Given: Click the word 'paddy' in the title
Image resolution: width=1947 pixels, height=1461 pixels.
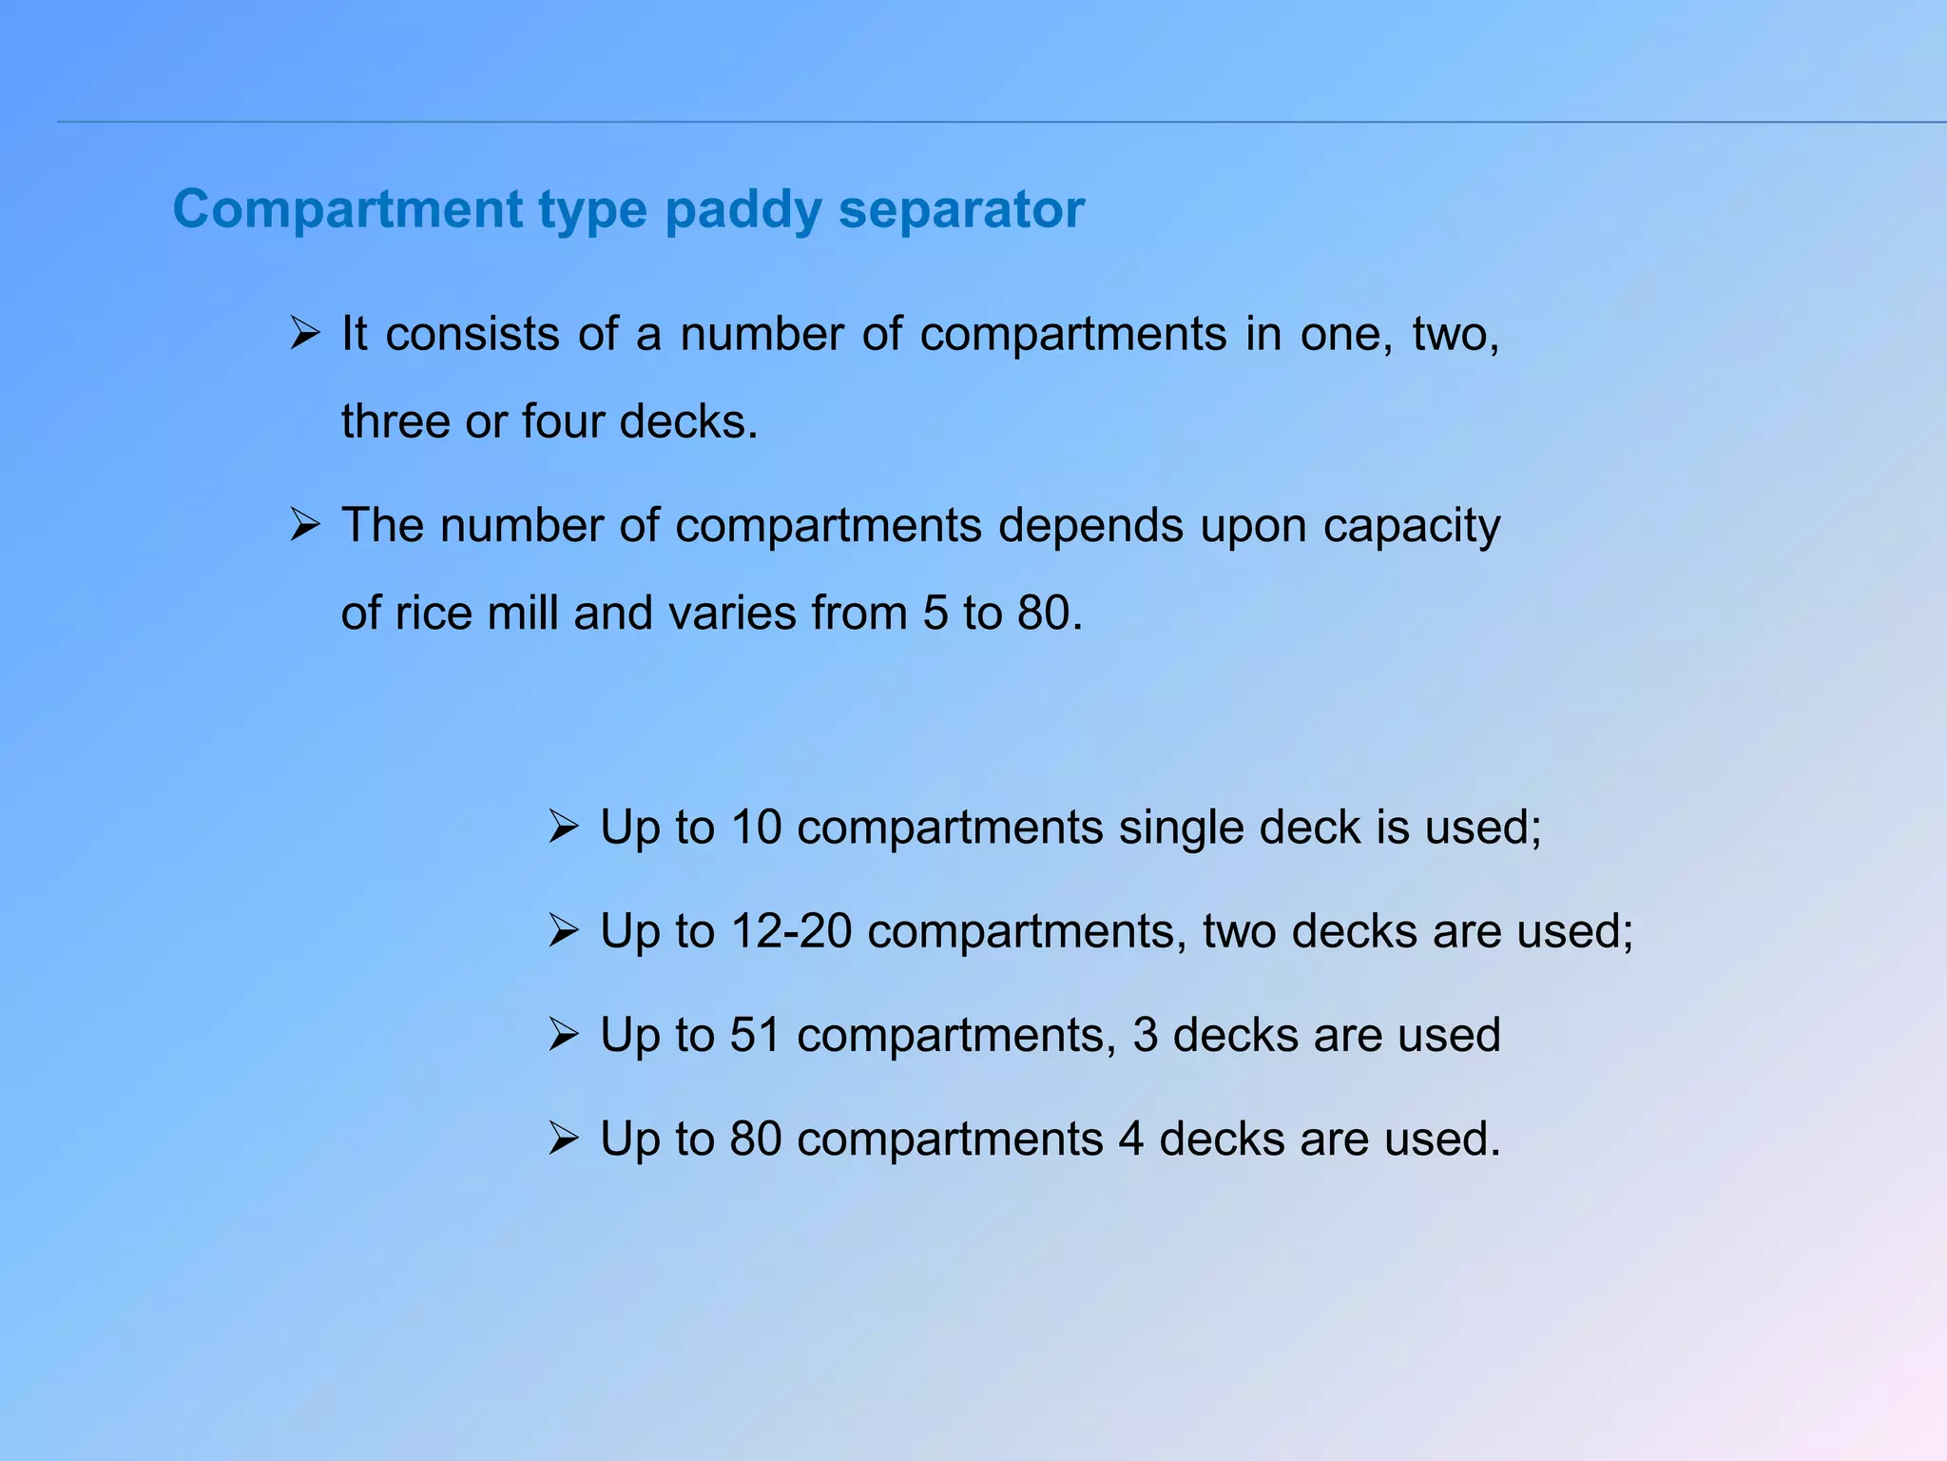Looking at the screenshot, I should click(x=742, y=210).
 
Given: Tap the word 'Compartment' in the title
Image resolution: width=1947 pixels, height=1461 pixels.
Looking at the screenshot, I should click(x=347, y=210).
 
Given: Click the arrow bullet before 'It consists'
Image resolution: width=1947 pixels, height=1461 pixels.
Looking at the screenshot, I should click(x=304, y=334).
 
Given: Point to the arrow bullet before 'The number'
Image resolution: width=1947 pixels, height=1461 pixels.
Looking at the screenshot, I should click(x=304, y=525).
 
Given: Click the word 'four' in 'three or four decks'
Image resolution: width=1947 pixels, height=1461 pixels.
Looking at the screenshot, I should click(x=565, y=421).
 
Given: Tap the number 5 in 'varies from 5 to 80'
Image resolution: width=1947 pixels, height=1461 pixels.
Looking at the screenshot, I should click(x=935, y=613).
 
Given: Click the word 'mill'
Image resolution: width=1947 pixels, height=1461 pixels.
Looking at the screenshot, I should click(x=522, y=613).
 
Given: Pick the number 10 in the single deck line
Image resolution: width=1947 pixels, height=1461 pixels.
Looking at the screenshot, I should click(x=756, y=827).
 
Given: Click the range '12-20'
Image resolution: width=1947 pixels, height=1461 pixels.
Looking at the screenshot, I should click(x=791, y=930).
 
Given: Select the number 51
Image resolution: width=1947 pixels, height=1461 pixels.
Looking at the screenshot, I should click(x=756, y=1035).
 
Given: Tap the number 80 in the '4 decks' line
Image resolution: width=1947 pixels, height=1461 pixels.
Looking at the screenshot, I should click(x=756, y=1139).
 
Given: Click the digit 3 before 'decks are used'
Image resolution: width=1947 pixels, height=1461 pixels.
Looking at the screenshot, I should click(x=1146, y=1035).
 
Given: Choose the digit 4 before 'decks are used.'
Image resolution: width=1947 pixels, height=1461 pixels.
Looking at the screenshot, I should click(x=1131, y=1139).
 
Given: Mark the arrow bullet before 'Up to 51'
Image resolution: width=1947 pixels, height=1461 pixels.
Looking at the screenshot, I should click(x=564, y=1035).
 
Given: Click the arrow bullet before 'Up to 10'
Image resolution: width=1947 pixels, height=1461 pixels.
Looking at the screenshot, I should click(x=564, y=827).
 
